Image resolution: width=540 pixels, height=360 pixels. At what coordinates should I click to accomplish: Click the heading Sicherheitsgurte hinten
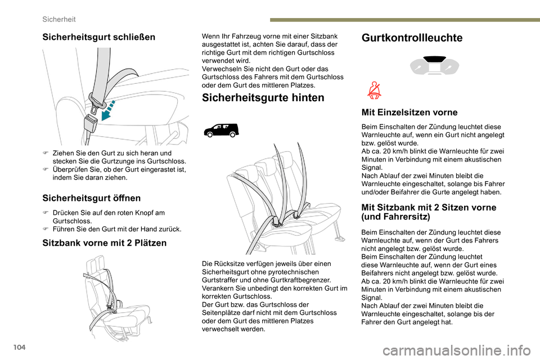coord(263,98)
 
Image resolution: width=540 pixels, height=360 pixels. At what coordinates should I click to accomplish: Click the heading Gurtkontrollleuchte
coord(412,38)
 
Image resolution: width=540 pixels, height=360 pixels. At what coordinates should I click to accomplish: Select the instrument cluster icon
coord(434,66)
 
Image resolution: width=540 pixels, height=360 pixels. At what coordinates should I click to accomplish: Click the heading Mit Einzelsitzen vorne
coord(409,112)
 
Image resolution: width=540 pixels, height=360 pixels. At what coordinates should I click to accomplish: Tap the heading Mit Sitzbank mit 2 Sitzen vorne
coord(429,208)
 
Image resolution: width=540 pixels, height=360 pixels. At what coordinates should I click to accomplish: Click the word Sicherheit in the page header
coord(60,19)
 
